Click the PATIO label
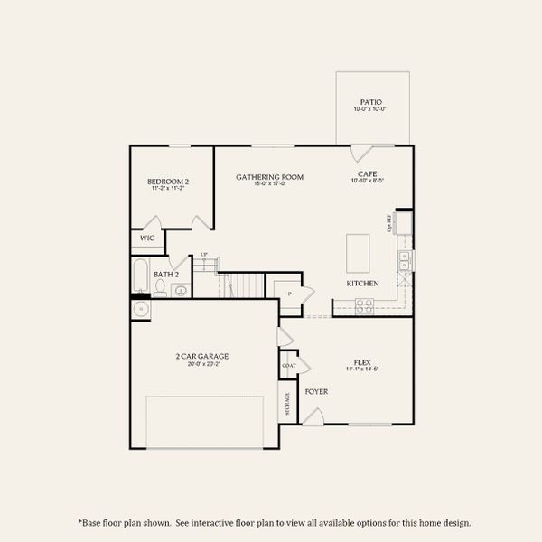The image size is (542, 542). pos(370,102)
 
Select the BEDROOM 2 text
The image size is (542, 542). pos(168,182)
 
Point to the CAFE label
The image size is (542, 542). pos(367,173)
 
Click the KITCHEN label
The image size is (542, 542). pos(362,284)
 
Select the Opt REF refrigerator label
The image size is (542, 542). pos(389,221)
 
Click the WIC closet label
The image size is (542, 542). pos(146,238)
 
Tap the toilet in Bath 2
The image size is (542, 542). pos(160,288)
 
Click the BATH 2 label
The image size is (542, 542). pos(166,274)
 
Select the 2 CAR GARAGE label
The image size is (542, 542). pos(202,356)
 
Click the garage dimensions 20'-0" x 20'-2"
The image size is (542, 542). pos(202,365)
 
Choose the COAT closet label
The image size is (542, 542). pos(289,366)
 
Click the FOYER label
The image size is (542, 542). pos(316,391)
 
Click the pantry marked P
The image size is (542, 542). pos(290,294)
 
